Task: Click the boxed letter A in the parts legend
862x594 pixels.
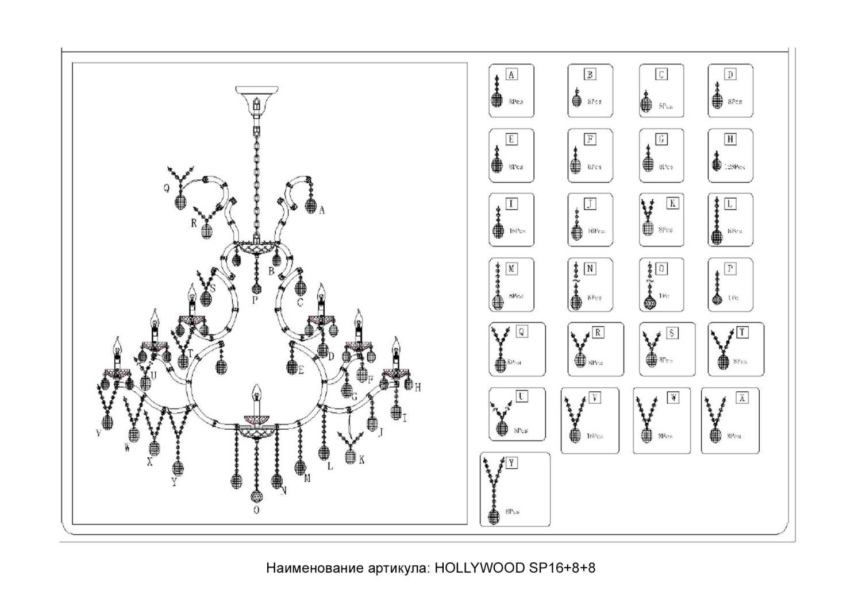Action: [x=511, y=75]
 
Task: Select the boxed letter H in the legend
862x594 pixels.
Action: [x=730, y=140]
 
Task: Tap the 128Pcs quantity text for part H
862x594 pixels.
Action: [x=734, y=167]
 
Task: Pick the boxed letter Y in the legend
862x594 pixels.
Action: [x=511, y=463]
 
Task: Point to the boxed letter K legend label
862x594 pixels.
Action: [x=672, y=203]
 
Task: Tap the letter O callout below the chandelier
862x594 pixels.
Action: [x=256, y=510]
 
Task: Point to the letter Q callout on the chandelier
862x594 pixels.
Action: [x=167, y=187]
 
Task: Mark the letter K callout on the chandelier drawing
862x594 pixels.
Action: [x=361, y=460]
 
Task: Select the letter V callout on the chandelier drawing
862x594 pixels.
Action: [x=99, y=433]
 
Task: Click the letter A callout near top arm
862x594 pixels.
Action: [x=322, y=211]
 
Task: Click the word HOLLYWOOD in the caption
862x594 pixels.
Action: [x=479, y=568]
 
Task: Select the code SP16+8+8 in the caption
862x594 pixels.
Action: [x=561, y=568]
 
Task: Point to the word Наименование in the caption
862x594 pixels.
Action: [x=314, y=568]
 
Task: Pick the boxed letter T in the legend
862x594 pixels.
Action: [x=742, y=333]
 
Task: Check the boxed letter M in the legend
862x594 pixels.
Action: [x=511, y=269]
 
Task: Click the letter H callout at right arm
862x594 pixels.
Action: [x=418, y=388]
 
